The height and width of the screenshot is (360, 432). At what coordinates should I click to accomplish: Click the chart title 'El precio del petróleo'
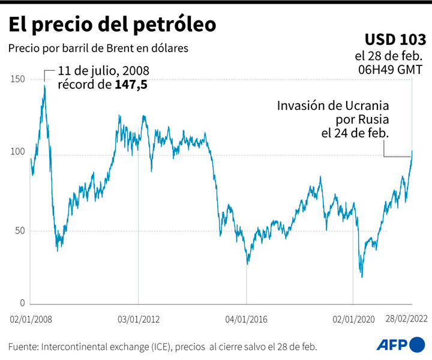(112, 25)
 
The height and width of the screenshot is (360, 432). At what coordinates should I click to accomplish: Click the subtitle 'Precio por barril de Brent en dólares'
(98, 48)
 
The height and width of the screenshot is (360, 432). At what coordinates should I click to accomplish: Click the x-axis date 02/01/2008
(31, 320)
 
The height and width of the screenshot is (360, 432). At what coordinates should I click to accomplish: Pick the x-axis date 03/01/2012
(139, 320)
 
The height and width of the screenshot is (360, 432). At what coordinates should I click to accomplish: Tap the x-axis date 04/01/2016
(247, 320)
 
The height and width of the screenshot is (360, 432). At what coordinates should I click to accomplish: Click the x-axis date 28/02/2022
(406, 320)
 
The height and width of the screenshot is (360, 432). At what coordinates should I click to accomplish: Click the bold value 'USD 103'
(395, 40)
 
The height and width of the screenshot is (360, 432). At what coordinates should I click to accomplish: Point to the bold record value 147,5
(131, 85)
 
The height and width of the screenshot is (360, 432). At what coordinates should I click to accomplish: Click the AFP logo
(400, 344)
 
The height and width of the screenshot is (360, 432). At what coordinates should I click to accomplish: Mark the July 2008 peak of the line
(44, 86)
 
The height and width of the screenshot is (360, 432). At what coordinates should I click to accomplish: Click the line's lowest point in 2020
(362, 277)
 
